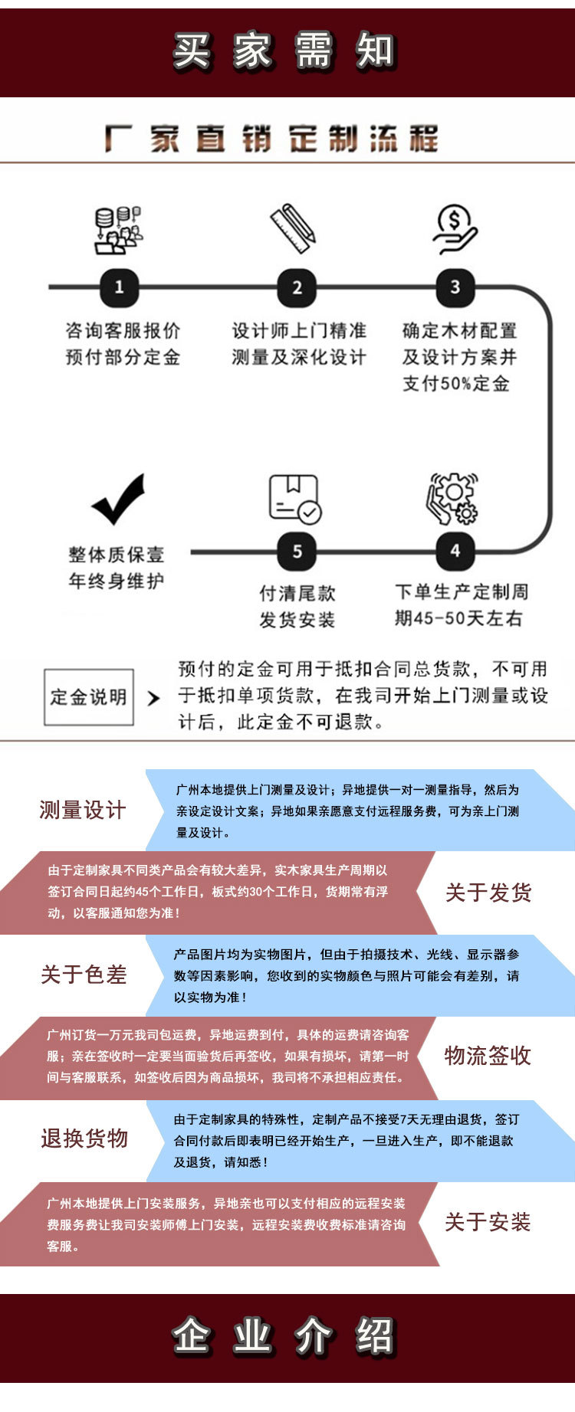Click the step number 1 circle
coord(119,287)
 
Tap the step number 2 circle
coord(297,287)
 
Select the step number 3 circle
coord(455,287)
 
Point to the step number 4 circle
coord(455,550)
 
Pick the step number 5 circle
coord(297,551)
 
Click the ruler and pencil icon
coord(293,228)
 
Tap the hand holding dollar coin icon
coord(454,229)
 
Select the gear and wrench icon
coord(452,498)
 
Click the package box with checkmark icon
coord(294,499)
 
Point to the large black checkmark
coord(118,499)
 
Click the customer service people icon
coord(118,230)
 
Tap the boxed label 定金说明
coord(89,697)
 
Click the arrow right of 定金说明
coord(153,698)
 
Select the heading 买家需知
coord(284,51)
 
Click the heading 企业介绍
coord(284,1337)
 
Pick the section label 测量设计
coord(83,810)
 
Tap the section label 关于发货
coord(488,892)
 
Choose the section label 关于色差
coord(84,975)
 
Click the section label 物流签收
coord(488,1056)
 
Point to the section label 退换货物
coord(84,1138)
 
